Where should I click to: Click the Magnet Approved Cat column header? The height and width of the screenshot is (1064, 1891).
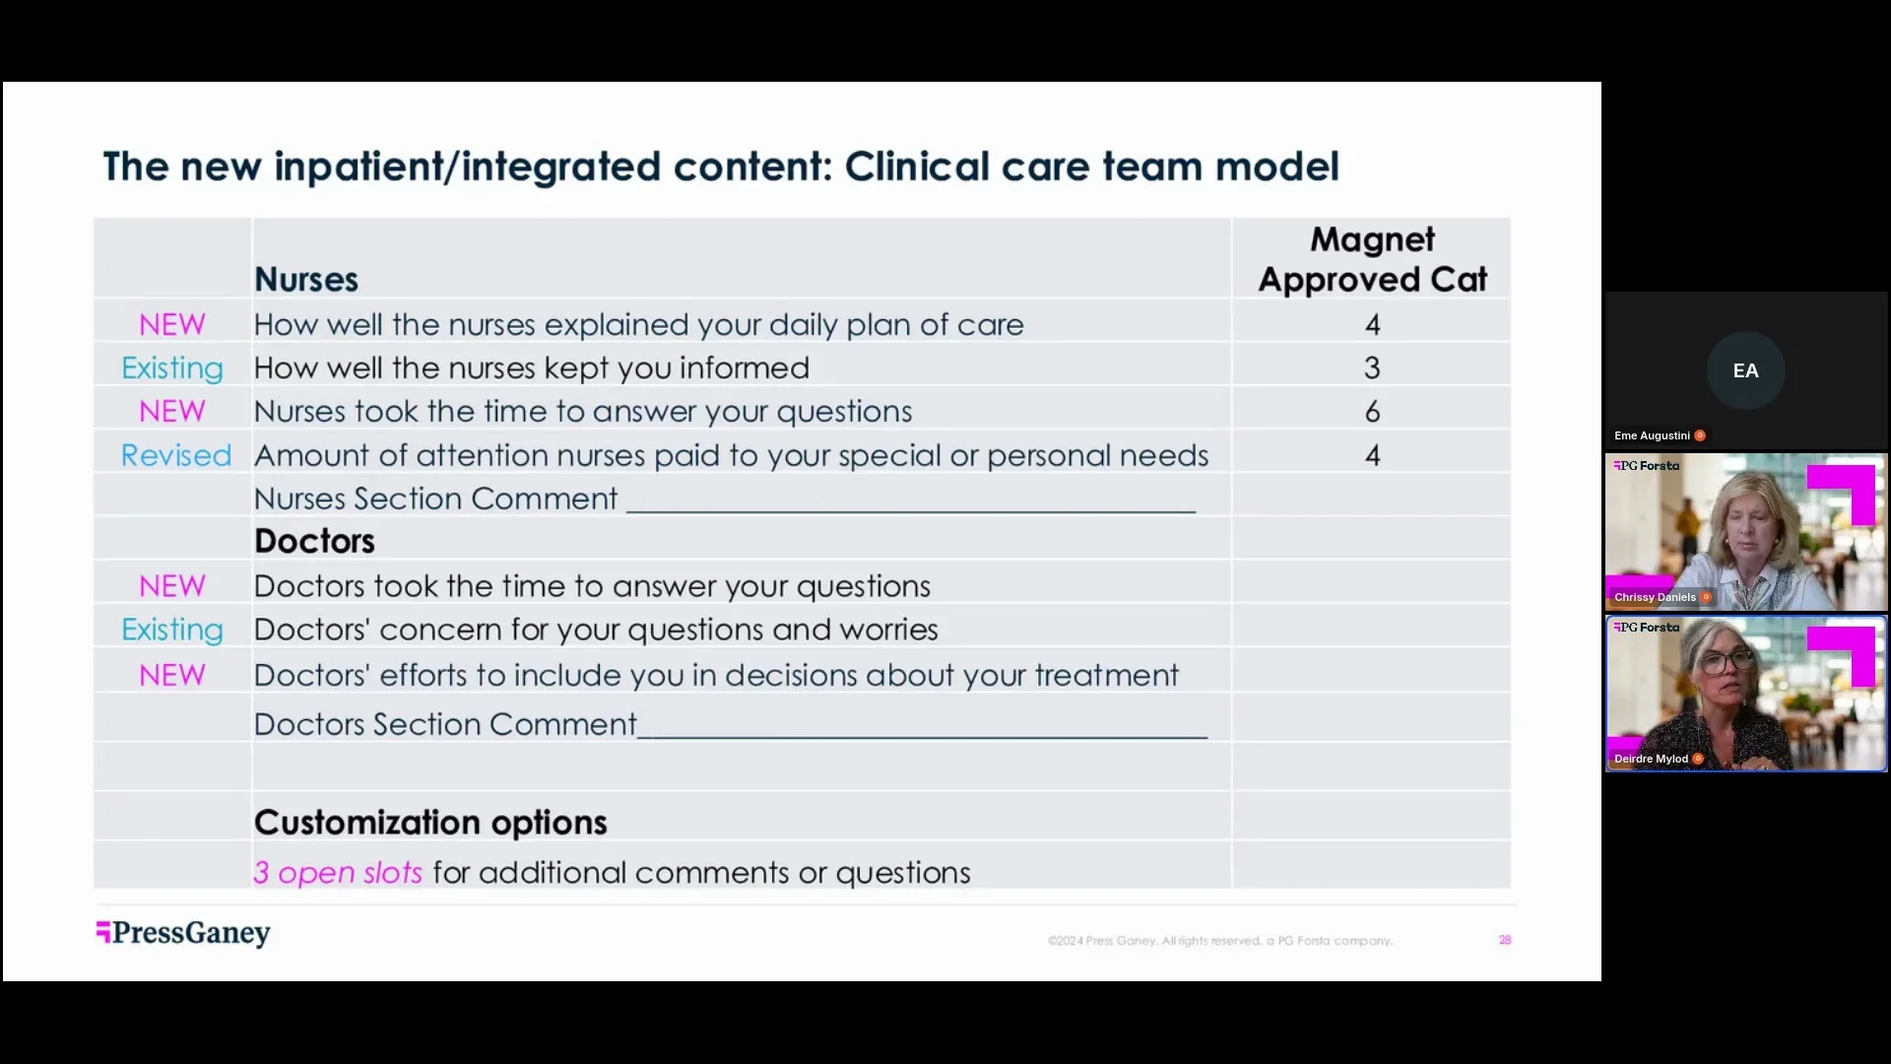[1372, 260]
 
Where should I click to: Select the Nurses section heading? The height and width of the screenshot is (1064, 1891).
[306, 280]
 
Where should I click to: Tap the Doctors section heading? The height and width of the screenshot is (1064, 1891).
[314, 541]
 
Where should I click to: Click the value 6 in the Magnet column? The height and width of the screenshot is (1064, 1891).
[1372, 412]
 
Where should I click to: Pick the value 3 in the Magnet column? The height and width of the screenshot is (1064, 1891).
[1372, 368]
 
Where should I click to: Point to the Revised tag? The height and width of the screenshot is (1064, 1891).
[175, 455]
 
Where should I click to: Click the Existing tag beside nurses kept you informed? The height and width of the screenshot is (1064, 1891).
[172, 368]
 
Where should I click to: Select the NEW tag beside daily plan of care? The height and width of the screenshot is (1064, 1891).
[172, 325]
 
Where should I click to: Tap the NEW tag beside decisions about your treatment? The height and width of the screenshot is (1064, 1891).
[172, 675]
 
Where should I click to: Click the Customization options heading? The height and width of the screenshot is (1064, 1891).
[430, 823]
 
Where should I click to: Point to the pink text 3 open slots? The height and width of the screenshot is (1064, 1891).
[338, 873]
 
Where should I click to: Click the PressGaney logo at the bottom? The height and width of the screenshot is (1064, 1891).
[183, 932]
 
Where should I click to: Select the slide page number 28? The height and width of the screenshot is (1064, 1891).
[1505, 940]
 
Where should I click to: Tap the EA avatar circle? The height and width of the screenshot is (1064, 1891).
[1745, 370]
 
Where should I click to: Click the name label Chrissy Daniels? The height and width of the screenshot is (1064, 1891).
[1655, 597]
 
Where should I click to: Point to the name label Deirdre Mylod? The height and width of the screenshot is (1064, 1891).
[1651, 759]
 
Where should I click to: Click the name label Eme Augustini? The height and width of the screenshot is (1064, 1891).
[1652, 435]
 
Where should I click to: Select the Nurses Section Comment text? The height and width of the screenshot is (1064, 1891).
[435, 499]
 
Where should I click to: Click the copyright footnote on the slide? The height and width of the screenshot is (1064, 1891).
[1219, 941]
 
